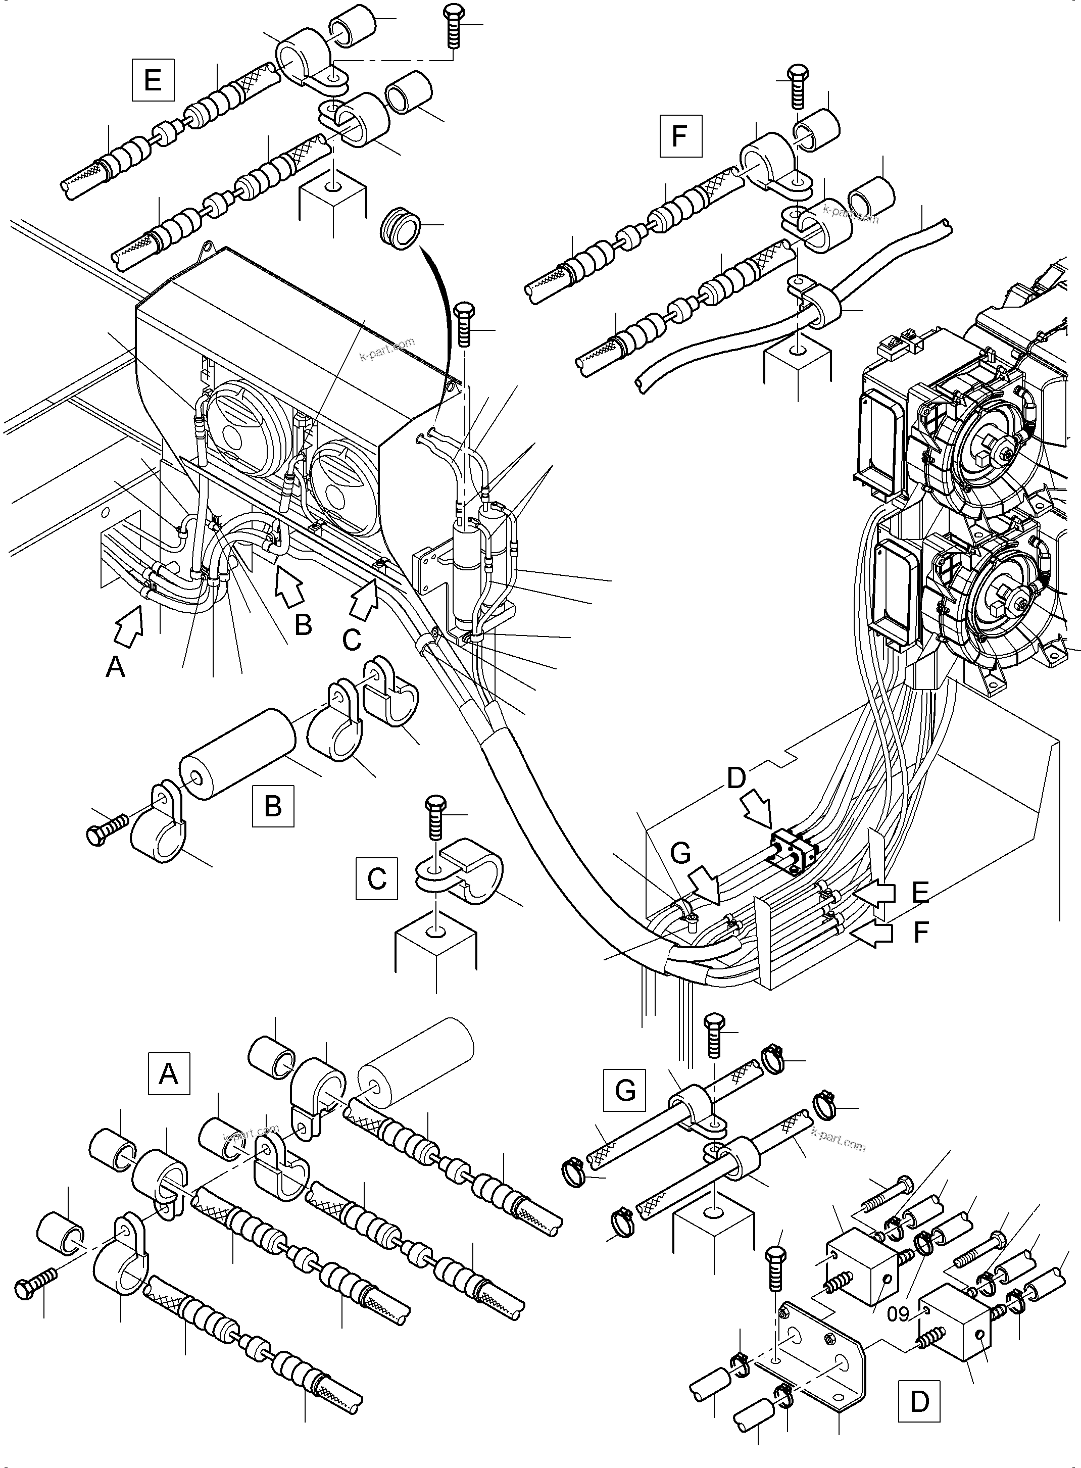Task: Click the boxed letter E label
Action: pyautogui.click(x=153, y=80)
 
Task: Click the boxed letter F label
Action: pyautogui.click(x=680, y=135)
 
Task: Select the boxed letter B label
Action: pyautogui.click(x=273, y=806)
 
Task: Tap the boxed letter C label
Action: pyautogui.click(x=376, y=878)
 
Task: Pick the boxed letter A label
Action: pyautogui.click(x=169, y=1073)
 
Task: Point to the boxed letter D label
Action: pyautogui.click(x=919, y=1401)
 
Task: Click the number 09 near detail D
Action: pyautogui.click(x=899, y=1313)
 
